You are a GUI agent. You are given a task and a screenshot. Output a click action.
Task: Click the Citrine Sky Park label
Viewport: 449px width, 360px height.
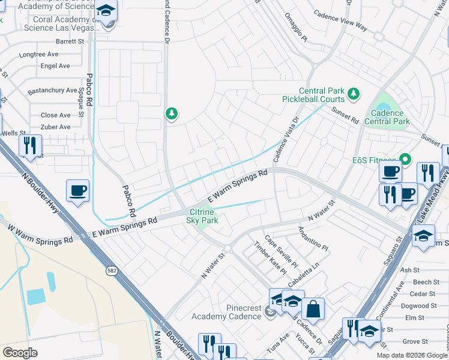[x=203, y=216]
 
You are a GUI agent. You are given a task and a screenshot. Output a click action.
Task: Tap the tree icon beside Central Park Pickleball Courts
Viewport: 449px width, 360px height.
[x=354, y=93]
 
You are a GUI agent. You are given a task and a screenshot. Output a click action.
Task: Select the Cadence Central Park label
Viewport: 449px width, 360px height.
[x=390, y=117]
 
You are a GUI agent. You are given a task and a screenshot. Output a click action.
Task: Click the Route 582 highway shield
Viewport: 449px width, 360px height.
[x=112, y=271]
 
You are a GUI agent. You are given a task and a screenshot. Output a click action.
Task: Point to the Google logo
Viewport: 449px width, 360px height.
[x=20, y=353]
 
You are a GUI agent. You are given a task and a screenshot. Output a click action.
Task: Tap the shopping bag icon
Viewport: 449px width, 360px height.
[x=313, y=310]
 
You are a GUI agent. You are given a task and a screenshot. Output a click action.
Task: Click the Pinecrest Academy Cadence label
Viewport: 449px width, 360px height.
[x=227, y=312]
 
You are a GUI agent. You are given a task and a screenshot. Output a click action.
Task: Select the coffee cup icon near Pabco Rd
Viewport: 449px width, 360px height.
[x=77, y=191]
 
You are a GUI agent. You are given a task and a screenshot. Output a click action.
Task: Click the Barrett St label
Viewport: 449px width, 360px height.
[x=70, y=41]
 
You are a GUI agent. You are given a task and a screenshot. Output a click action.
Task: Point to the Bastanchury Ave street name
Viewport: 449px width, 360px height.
[x=52, y=91]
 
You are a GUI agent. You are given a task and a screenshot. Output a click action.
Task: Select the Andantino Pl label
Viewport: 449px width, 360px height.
[x=313, y=239]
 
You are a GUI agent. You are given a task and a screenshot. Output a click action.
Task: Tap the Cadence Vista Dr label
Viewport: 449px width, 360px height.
[x=286, y=139]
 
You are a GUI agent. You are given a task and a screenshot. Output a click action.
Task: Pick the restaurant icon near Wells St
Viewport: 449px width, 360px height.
[x=29, y=145]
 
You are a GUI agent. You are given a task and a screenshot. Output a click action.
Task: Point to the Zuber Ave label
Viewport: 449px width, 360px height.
[x=55, y=127]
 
